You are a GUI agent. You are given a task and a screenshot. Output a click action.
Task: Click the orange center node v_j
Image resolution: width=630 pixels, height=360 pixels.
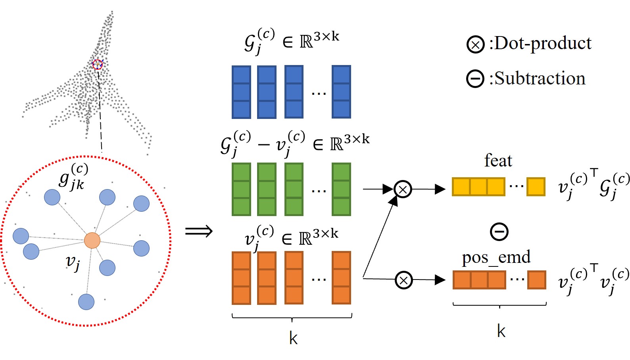coord(92,241)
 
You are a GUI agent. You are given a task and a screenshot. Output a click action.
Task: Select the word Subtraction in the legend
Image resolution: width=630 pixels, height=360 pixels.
coord(540,79)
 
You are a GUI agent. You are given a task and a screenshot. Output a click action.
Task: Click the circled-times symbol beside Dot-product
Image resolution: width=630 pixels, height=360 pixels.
coord(475,44)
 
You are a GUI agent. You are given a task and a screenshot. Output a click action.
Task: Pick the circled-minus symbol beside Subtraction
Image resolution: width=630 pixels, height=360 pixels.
coord(475,79)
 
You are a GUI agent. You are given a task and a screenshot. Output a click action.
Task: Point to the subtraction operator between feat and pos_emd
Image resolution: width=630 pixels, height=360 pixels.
coord(499,232)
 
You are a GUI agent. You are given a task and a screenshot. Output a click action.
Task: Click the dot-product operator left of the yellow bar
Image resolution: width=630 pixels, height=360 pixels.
coord(403,189)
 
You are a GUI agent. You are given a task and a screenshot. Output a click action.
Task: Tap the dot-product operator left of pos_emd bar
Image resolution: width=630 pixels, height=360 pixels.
coord(403,280)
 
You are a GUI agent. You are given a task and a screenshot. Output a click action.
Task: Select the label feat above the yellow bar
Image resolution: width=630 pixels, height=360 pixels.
coord(498,161)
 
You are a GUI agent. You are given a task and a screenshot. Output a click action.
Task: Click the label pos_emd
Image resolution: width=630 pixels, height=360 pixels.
coord(496,257)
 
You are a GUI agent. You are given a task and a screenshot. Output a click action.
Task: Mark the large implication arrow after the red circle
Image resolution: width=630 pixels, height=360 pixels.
coord(199,231)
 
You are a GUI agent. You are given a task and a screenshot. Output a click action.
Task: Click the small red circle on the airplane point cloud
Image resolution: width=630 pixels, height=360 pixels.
coord(98,64)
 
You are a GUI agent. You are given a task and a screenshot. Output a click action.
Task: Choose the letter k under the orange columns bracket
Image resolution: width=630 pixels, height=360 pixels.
coord(293,338)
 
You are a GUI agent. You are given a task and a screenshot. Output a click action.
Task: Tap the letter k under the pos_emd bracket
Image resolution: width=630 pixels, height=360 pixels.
coord(501,331)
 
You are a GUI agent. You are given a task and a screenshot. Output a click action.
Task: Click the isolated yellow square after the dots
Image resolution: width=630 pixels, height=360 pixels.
coord(536,187)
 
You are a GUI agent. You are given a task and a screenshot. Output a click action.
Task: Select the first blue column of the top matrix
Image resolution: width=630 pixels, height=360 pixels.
coord(241,92)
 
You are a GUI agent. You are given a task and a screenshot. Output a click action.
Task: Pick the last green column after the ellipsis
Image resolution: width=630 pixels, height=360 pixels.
coord(341,189)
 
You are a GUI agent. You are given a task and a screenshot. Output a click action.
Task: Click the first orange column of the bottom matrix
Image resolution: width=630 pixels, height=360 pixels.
coord(241,278)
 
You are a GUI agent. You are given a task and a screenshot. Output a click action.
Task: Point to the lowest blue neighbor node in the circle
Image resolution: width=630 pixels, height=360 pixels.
coord(86,302)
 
